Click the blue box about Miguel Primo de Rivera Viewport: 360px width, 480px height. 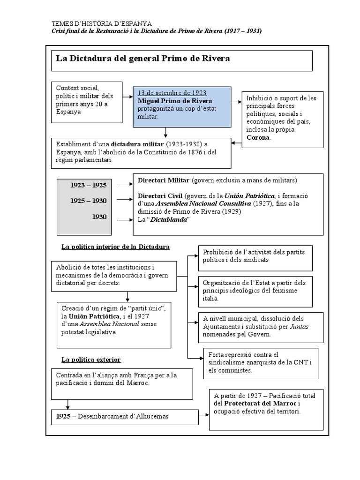(x=182, y=107)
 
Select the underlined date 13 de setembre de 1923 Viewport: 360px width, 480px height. (x=172, y=93)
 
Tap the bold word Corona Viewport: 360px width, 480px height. (x=258, y=137)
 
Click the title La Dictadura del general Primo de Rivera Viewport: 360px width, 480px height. (x=143, y=59)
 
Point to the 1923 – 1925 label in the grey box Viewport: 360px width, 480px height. (x=89, y=185)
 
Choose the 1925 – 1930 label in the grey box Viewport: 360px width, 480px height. (x=89, y=201)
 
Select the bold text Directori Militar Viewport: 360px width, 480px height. (x=164, y=180)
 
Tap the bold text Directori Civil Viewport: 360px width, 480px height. (x=160, y=195)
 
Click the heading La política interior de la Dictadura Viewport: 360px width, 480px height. (x=115, y=247)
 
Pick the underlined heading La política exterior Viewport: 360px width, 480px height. (x=91, y=360)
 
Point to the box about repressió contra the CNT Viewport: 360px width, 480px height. (x=261, y=363)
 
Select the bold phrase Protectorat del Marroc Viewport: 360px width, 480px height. (x=260, y=404)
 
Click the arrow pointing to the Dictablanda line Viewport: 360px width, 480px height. (x=124, y=219)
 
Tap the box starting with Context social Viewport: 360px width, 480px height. (x=87, y=100)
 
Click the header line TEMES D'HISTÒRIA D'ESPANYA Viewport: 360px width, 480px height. (x=101, y=24)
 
